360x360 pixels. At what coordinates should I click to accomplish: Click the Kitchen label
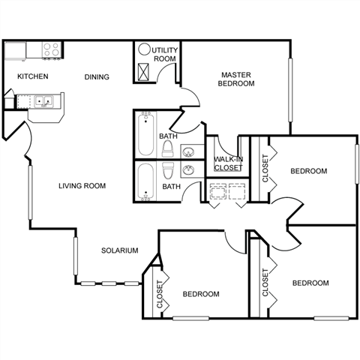coord(33,76)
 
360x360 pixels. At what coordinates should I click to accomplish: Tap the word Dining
coord(97,76)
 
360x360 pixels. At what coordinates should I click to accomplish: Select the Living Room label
coord(82,186)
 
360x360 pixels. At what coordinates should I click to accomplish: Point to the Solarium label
coord(120,250)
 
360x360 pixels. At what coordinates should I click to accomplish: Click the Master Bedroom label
coord(236,79)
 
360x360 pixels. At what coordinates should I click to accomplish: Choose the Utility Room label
coord(165,54)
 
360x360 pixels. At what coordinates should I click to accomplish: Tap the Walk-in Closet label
coord(229,163)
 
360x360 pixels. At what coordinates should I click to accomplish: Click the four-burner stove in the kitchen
coord(52,49)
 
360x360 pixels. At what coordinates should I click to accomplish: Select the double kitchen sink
coord(43,101)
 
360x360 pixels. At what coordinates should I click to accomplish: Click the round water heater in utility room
coord(144,49)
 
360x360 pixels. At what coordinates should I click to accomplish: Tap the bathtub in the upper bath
coord(146,133)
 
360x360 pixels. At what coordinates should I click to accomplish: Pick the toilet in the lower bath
coord(168,170)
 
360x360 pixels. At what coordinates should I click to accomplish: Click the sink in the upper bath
coord(188,151)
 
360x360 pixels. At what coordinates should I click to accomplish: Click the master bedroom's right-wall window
coord(290,90)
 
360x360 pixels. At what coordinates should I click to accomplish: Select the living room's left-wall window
coord(30,193)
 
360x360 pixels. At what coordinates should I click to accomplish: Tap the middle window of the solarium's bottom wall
coord(109,283)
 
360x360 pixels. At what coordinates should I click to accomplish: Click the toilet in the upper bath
coord(167,149)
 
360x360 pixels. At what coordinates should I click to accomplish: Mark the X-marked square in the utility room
coord(143,72)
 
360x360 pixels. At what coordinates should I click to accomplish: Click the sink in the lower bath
coord(188,170)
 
